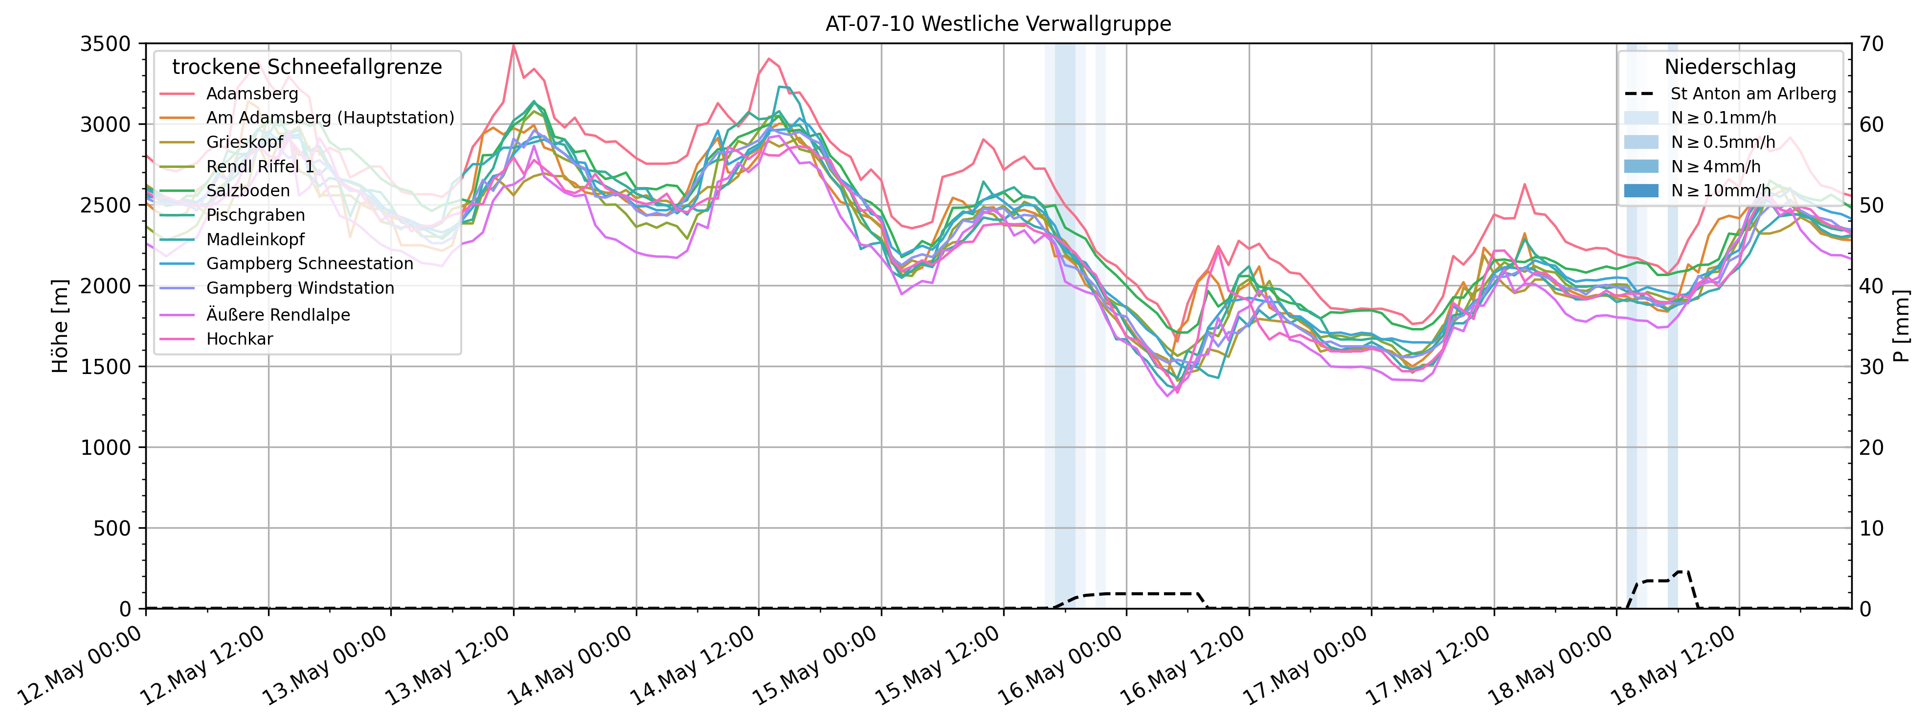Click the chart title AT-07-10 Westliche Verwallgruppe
pyautogui.click(x=998, y=24)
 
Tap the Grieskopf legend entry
pyautogui.click(x=245, y=142)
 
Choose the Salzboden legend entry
pyautogui.click(x=248, y=191)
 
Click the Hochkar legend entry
pyautogui.click(x=240, y=339)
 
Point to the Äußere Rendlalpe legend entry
pyautogui.click(x=278, y=315)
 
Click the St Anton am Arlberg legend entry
pyautogui.click(x=1753, y=94)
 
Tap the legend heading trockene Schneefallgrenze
pyautogui.click(x=307, y=68)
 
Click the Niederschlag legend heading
pyautogui.click(x=1729, y=68)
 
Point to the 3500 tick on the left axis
pyautogui.click(x=106, y=44)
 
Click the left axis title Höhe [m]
pyautogui.click(x=60, y=326)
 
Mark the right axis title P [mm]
pyautogui.click(x=1902, y=326)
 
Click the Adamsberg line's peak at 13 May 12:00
pyautogui.click(x=514, y=45)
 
